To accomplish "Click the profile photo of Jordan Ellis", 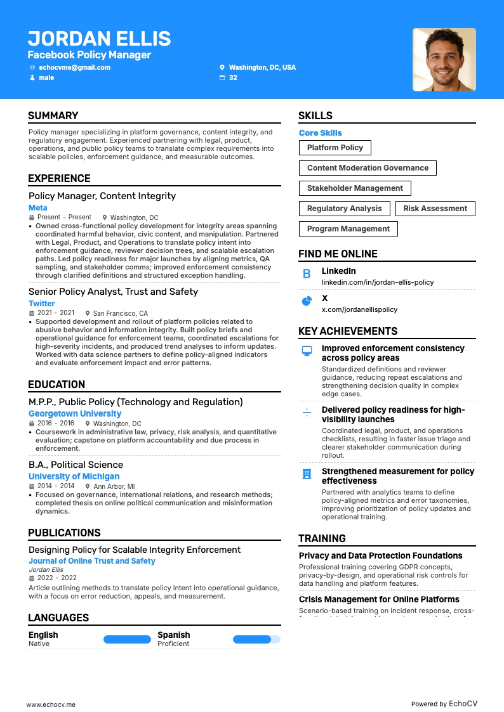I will click(x=444, y=59).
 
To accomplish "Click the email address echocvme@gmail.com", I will click(x=74, y=67).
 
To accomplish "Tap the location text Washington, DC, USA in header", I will click(x=262, y=67).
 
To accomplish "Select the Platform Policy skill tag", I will click(x=335, y=148).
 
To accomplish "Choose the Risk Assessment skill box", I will click(x=435, y=209).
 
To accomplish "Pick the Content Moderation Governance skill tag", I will click(x=368, y=168).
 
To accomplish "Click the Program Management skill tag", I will click(x=348, y=229).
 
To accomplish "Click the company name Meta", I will click(x=37, y=208).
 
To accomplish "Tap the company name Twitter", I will click(x=41, y=304).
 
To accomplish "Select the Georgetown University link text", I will click(x=74, y=413).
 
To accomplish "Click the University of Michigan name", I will click(x=74, y=476).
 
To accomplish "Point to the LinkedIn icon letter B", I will click(x=307, y=274).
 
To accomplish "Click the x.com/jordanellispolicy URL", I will click(x=359, y=309).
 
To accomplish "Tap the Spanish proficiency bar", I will click(x=256, y=640).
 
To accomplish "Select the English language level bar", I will click(x=127, y=640).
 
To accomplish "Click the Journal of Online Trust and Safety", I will click(x=91, y=561).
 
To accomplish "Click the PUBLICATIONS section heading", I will click(x=64, y=533).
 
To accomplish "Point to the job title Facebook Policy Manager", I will click(x=89, y=55).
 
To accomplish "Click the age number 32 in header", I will click(x=233, y=77).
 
